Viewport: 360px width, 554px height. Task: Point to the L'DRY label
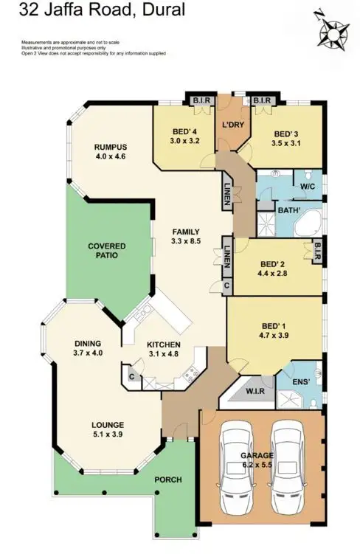tap(233, 125)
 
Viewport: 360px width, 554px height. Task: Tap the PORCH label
tap(167, 479)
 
